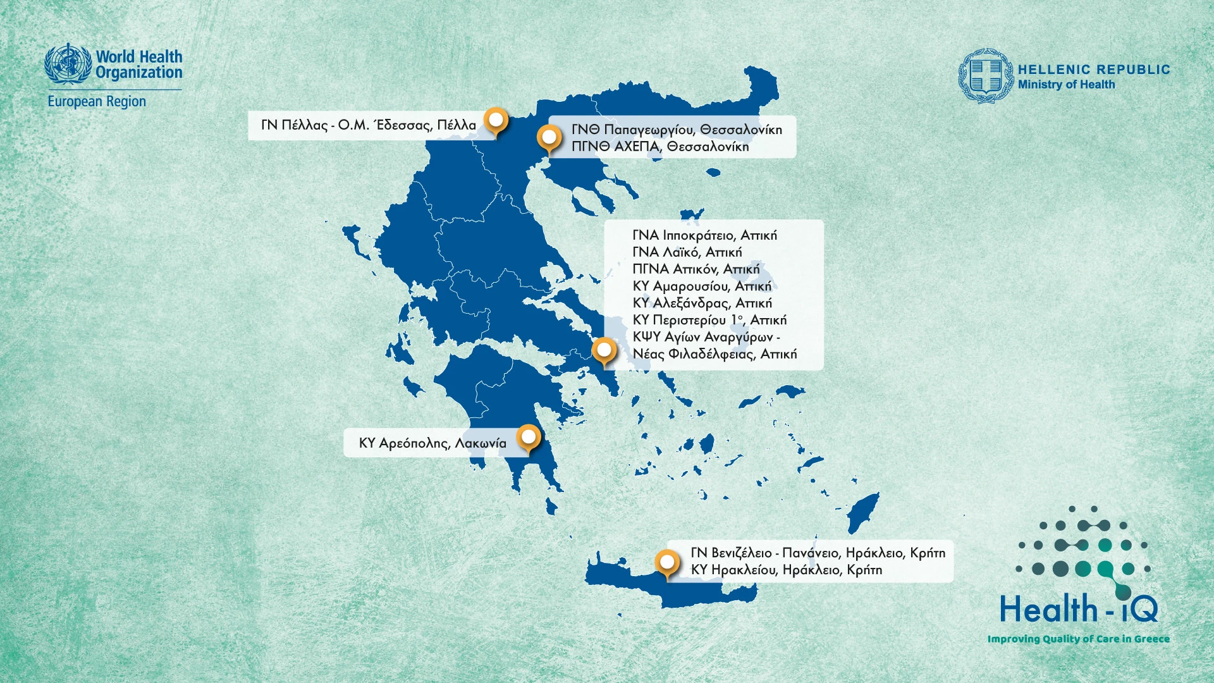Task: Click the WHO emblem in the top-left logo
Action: pos(68,64)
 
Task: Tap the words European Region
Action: pos(97,101)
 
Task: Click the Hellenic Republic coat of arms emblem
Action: pos(985,76)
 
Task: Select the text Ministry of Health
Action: pos(1066,85)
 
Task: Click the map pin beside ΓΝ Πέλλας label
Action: pos(496,120)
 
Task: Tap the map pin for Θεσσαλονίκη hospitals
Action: pos(549,137)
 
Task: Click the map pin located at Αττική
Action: pos(604,350)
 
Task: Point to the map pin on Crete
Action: pos(667,562)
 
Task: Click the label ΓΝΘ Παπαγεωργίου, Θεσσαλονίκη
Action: pos(677,130)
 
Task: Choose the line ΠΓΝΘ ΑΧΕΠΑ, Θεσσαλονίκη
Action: pos(660,147)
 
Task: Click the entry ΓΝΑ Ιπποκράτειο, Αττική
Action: pos(704,235)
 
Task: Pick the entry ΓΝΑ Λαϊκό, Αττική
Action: pos(687,252)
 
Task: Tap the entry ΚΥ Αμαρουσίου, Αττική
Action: pos(702,286)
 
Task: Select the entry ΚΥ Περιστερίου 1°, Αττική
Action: pos(709,320)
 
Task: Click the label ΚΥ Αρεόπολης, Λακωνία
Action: pos(432,443)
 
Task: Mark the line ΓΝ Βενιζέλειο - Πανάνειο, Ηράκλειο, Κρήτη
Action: pos(818,553)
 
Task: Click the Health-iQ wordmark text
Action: pos(1078,610)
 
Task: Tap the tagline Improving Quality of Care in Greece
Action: pos(1078,639)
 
